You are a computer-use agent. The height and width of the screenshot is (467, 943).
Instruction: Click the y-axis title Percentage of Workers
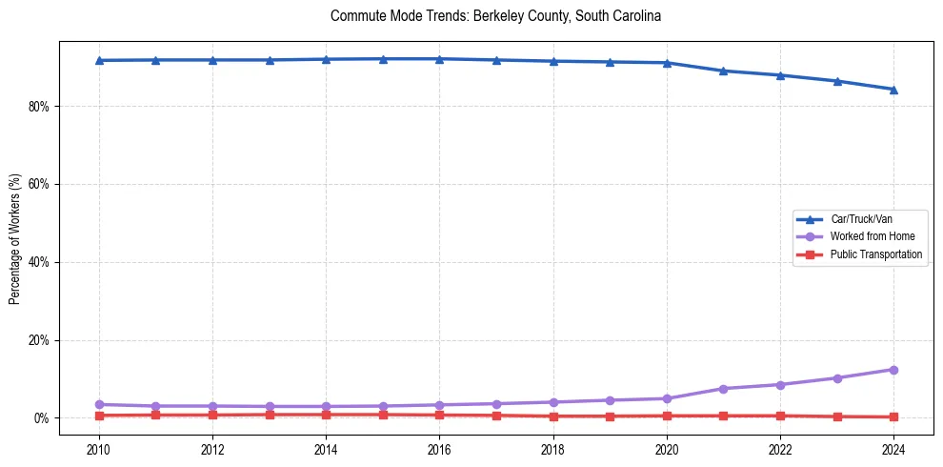click(15, 238)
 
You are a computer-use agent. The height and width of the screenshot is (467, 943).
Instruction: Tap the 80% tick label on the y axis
click(38, 107)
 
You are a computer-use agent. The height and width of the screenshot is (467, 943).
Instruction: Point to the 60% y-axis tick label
click(38, 184)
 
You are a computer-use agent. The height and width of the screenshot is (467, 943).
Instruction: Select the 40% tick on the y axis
click(38, 262)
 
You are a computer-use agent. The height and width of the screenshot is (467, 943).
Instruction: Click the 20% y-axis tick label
click(38, 340)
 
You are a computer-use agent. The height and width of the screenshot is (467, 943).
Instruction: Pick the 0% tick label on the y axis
click(41, 418)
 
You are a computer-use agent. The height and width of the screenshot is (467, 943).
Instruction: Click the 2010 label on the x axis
click(99, 449)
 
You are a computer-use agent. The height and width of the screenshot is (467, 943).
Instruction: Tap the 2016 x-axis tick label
click(439, 449)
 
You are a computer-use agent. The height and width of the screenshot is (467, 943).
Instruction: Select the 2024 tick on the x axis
click(893, 449)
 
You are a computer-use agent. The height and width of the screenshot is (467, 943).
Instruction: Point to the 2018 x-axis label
click(553, 449)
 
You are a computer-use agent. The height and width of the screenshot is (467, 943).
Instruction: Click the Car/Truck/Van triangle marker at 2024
click(893, 90)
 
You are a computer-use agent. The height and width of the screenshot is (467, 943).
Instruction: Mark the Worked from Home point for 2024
click(893, 370)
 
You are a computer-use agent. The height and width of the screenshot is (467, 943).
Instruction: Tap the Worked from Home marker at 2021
click(723, 389)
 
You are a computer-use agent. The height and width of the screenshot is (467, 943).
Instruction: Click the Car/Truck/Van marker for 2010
click(99, 60)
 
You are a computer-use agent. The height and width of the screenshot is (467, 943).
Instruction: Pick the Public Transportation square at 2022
click(780, 416)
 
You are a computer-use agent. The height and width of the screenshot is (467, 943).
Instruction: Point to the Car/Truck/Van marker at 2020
click(667, 63)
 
